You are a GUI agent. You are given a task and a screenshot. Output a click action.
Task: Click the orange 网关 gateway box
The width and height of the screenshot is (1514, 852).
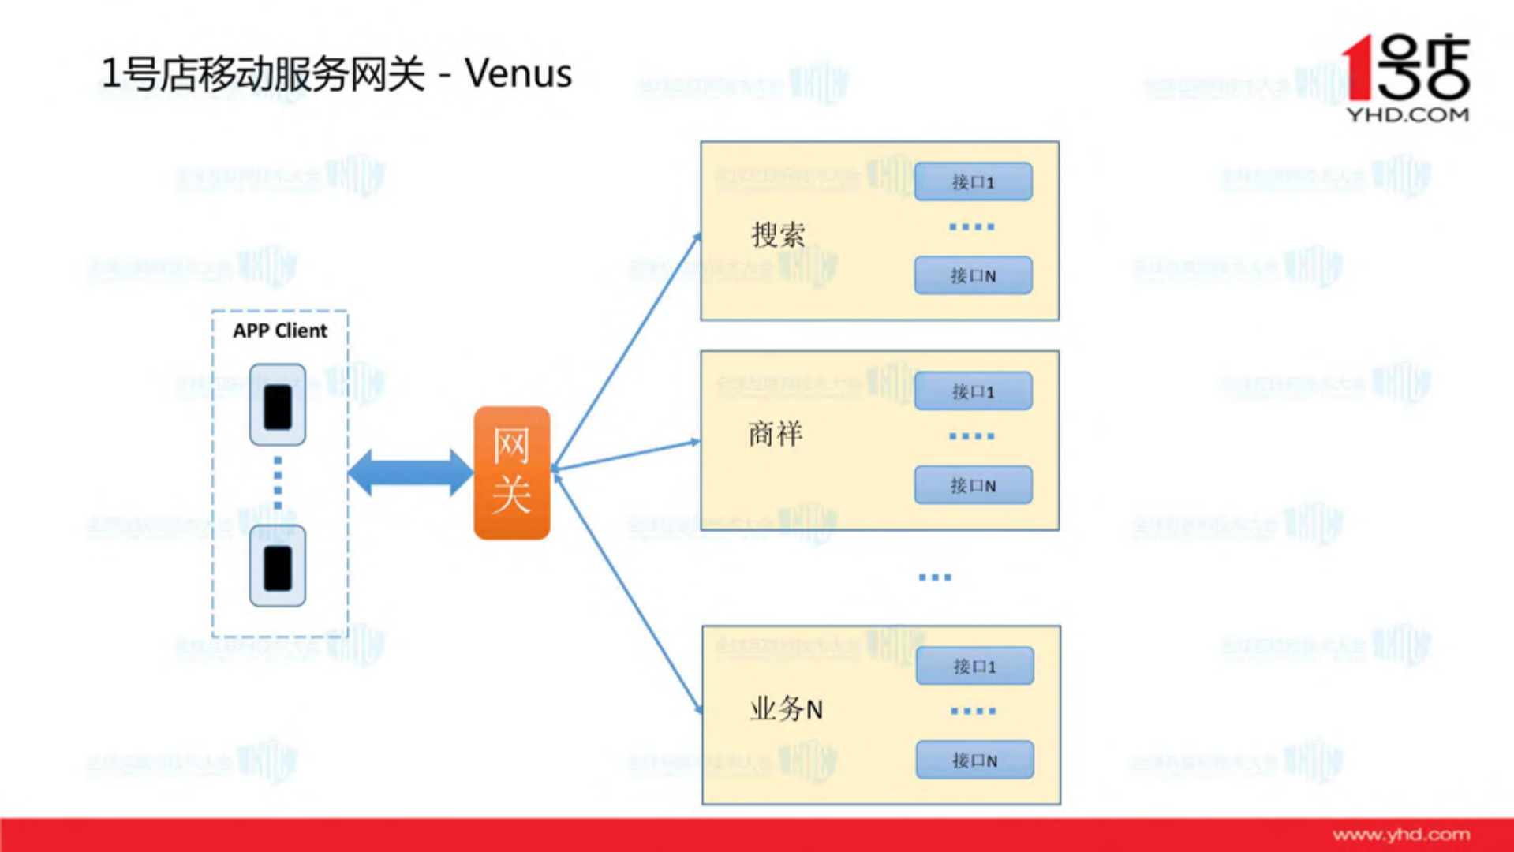coord(511,473)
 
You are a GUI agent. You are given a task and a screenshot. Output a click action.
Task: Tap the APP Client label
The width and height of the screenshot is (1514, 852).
coord(279,331)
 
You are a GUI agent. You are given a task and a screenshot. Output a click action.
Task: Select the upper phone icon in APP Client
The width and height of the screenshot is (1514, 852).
coord(278,405)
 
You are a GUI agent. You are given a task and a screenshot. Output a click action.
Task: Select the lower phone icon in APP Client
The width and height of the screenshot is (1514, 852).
coord(278,566)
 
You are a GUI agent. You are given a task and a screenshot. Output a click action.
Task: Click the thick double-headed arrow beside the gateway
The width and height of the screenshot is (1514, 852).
coord(410,473)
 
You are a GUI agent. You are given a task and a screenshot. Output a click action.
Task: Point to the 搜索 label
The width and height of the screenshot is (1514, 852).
coord(778,234)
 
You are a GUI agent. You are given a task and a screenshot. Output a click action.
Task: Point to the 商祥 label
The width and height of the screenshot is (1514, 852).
coord(776,434)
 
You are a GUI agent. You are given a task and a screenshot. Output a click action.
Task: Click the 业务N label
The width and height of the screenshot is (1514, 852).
coord(786,708)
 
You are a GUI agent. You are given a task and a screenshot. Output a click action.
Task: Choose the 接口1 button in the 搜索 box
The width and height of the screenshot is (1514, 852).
coord(973,181)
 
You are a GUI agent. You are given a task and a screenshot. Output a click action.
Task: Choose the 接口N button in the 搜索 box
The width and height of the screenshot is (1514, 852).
coord(973,275)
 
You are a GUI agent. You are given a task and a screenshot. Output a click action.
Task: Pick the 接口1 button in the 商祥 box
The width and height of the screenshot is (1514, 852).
coord(973,391)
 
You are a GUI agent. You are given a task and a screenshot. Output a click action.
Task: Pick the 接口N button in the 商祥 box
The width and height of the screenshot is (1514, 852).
coord(973,485)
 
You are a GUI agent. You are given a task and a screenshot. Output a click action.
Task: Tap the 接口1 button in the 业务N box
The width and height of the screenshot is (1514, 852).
coord(974,666)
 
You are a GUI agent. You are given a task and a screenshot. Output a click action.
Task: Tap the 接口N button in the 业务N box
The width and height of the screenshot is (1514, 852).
coord(974,760)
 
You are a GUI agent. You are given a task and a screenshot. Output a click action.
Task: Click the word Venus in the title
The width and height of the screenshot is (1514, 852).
coord(518,73)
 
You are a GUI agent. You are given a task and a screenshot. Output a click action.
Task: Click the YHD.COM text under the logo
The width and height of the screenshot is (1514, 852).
coord(1407,115)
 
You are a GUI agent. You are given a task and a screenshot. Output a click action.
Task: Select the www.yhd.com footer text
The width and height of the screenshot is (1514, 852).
coord(1401,835)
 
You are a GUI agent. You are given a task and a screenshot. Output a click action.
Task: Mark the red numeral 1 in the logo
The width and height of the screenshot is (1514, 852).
coord(1357,67)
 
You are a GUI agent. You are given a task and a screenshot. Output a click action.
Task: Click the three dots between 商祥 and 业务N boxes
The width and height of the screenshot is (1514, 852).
coord(935,577)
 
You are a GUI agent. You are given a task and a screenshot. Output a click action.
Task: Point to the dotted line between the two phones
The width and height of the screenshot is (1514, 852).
coord(278,483)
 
